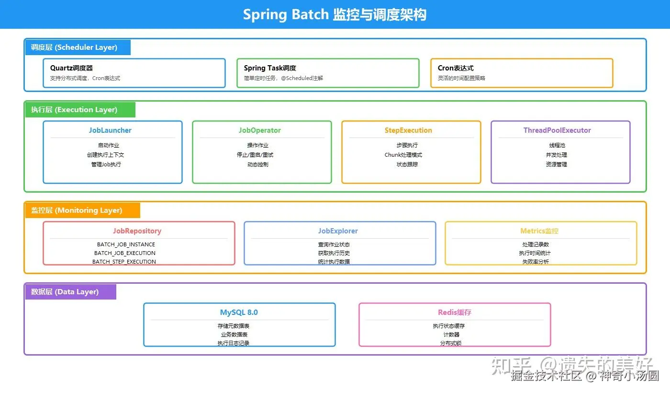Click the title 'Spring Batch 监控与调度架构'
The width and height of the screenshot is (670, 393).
coord(335,14)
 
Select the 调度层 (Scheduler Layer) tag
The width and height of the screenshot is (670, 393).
coord(78,47)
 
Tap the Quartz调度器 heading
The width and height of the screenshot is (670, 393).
coord(71,68)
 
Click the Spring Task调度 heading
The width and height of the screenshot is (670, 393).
coord(270,68)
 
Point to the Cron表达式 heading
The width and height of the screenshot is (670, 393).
coord(456,68)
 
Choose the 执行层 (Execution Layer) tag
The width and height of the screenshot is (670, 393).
coord(80,110)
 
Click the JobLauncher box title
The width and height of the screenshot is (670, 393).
coord(110,130)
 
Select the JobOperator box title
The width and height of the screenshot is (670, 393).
coord(259,130)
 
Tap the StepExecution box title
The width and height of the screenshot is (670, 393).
coord(408,130)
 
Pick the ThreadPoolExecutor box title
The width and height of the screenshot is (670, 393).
coord(557,130)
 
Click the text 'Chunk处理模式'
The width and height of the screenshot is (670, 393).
coord(403,155)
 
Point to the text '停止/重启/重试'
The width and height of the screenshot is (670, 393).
coord(255,155)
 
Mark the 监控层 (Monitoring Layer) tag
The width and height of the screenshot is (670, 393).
coord(82,210)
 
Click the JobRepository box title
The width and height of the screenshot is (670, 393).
coord(137,231)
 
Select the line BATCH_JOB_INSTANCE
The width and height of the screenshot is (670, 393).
coord(126,244)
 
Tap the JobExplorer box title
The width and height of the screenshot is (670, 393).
coord(338,231)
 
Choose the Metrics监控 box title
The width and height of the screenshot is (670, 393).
coord(539,231)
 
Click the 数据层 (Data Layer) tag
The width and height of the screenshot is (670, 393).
coord(71,292)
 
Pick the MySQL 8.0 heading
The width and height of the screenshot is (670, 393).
coord(239,312)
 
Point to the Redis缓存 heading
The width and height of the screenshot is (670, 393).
coord(455,312)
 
